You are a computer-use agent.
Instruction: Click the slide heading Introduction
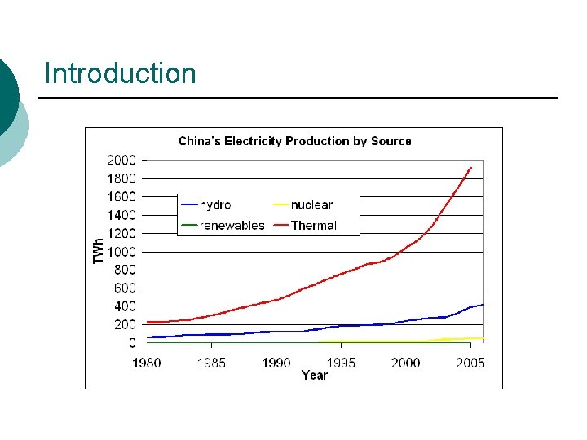point(120,73)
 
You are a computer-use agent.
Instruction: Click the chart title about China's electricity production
point(294,141)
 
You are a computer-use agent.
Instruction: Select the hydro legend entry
point(206,205)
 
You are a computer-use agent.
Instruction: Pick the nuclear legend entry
point(302,205)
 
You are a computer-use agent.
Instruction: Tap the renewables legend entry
point(223,225)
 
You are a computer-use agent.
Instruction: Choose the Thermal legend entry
point(305,225)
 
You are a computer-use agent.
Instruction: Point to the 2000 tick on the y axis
point(121,161)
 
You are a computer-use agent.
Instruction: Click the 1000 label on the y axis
point(121,252)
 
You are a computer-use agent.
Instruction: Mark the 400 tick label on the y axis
point(125,306)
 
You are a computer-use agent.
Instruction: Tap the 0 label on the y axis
point(132,343)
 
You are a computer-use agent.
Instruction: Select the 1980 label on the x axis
point(147,363)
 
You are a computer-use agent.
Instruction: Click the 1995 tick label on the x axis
point(341,363)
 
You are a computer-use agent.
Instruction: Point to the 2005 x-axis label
point(470,363)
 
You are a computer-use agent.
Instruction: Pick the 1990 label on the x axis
point(276,363)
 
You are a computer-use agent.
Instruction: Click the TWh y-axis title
point(98,251)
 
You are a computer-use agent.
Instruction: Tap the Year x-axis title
point(315,376)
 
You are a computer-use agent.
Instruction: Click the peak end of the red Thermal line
point(471,167)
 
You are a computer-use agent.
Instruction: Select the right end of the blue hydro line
point(483,305)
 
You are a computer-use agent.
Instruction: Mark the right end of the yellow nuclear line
point(483,338)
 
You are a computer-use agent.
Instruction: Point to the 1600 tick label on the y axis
point(121,197)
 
